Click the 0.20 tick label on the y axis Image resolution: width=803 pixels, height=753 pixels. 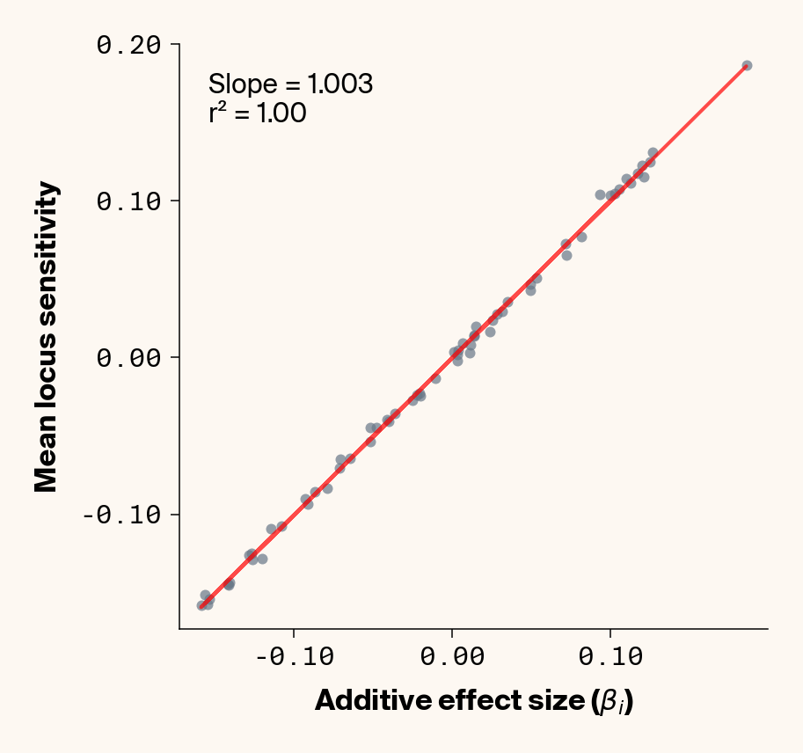coord(128,45)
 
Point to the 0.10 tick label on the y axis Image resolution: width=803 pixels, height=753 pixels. coord(128,201)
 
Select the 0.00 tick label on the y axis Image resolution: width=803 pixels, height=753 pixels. coord(128,358)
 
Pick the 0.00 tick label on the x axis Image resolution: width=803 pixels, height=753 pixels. coord(451,658)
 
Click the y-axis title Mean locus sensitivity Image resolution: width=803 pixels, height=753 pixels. coord(47,337)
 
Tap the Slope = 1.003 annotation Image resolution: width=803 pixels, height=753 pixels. coord(290,84)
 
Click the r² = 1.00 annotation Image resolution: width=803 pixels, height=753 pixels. coord(257,113)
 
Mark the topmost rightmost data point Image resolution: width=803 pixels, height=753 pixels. coord(747,66)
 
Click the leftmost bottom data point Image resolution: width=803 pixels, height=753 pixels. coord(201,605)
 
